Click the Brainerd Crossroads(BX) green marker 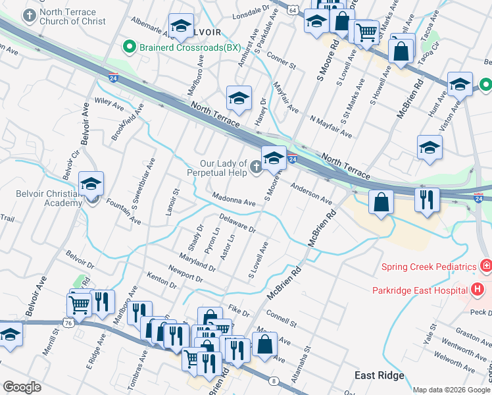(130, 47)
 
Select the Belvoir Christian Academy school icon (91, 185)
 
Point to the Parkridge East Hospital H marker (478, 290)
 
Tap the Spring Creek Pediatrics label (429, 267)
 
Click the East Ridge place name (379, 375)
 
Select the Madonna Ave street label (234, 199)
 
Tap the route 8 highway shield (274, 381)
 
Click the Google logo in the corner (23, 387)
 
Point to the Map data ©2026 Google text (451, 390)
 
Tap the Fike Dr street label (239, 311)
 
